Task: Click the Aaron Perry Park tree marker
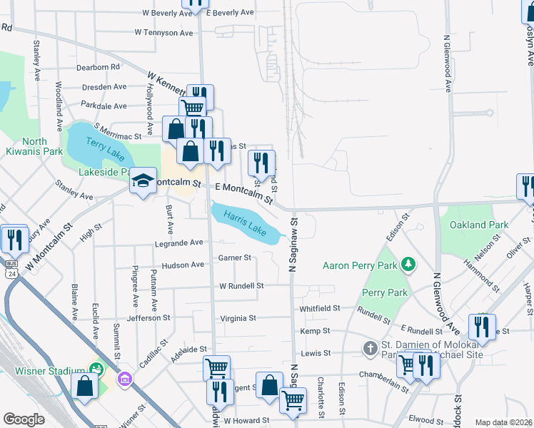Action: [408, 265]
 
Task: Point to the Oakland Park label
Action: [479, 225]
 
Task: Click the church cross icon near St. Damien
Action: [370, 349]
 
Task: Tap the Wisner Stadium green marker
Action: [95, 369]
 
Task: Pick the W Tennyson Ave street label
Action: [163, 33]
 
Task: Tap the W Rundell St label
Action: [241, 285]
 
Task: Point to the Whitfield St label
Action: [319, 308]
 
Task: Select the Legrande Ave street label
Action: [179, 243]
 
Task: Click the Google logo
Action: [24, 419]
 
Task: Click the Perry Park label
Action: [384, 292]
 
